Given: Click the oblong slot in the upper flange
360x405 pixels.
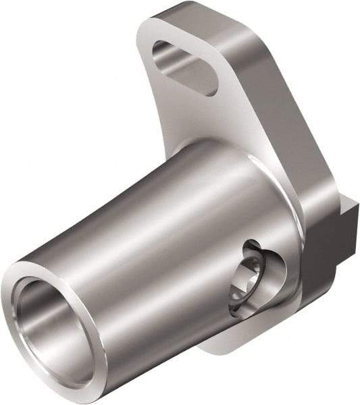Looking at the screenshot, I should [x=184, y=66].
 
